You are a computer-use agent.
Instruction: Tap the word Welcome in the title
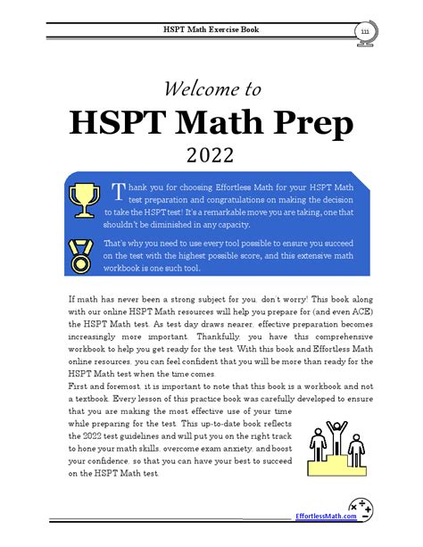199,89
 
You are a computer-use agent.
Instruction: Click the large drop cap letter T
116,192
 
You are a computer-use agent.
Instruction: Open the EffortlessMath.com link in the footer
326,516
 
